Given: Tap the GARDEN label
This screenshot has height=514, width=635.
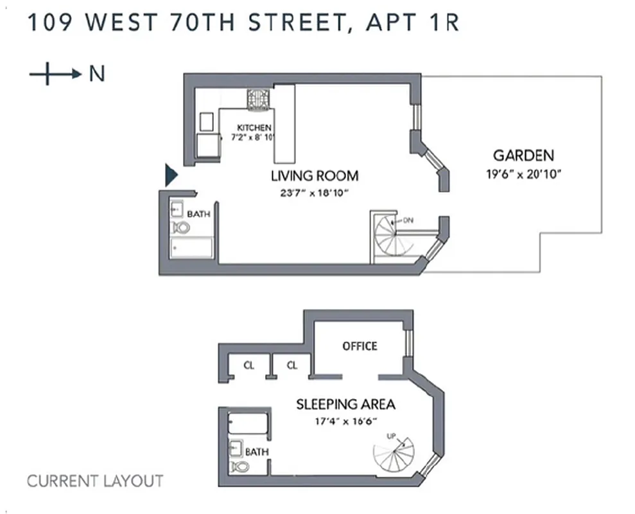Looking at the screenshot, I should tap(523, 155).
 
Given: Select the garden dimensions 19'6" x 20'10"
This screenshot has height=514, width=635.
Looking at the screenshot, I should tap(523, 174).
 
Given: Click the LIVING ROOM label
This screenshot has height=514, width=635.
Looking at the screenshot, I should tap(314, 176).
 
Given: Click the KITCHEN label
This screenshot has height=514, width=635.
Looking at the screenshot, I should tap(254, 128).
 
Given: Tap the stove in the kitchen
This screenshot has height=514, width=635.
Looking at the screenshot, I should tap(258, 100).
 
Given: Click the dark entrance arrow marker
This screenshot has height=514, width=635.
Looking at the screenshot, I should tap(171, 175).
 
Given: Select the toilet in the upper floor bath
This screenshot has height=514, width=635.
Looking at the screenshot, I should tap(182, 227).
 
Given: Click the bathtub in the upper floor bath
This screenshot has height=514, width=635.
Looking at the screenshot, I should tap(191, 247).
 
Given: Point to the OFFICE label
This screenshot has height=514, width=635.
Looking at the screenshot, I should tap(360, 346).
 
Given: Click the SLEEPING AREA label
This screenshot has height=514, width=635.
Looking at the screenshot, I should tap(345, 404).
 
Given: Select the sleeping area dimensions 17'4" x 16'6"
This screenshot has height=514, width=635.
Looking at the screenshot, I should tap(345, 421).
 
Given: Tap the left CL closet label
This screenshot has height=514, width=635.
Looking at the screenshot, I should tap(248, 366).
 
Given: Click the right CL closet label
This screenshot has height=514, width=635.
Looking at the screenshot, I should tap(292, 366).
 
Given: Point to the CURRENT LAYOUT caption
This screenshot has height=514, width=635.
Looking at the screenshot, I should tap(95, 481).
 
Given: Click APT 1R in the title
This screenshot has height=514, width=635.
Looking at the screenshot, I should tap(412, 23).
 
